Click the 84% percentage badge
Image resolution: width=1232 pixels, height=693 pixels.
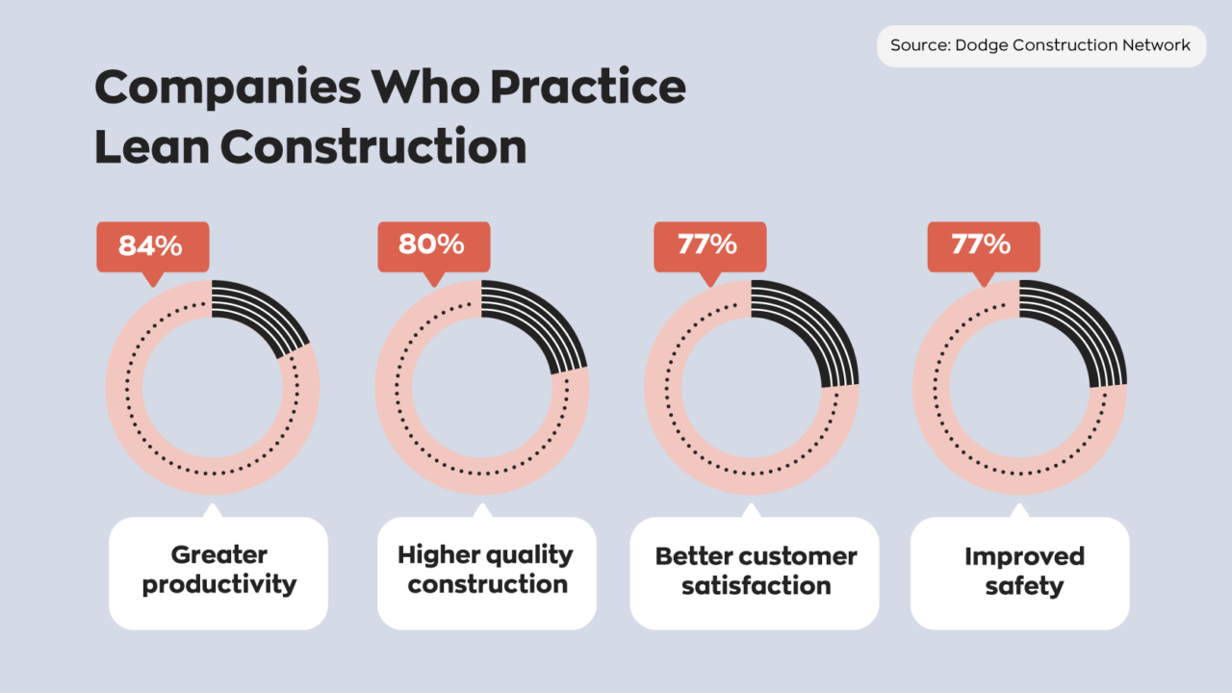[x=152, y=246]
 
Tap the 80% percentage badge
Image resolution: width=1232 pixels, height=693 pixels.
[x=432, y=244]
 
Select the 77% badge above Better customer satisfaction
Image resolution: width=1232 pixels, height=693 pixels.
[x=709, y=244]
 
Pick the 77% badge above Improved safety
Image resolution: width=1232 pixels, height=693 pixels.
[x=983, y=244]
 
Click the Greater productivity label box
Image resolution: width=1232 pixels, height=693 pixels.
[x=218, y=573]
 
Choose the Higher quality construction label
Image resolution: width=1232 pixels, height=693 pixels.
[x=486, y=573]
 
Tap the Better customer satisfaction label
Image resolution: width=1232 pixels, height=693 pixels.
[x=755, y=573]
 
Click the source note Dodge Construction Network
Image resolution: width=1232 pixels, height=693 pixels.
[x=1040, y=45]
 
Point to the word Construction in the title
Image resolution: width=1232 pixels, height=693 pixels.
[x=372, y=146]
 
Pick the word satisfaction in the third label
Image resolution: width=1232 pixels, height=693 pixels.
[x=757, y=586]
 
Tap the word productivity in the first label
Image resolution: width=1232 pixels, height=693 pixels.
[x=219, y=585]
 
